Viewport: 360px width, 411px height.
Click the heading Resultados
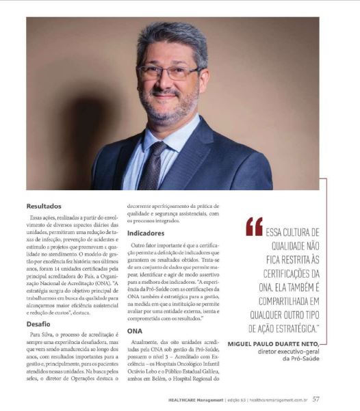pos(44,205)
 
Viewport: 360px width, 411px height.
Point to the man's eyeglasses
pos(168,71)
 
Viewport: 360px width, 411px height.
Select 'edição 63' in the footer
pos(253,398)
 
